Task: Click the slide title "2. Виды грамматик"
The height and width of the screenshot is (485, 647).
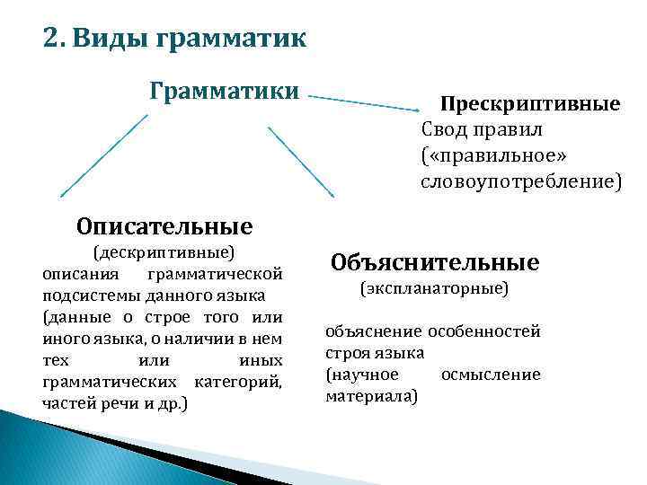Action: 174,40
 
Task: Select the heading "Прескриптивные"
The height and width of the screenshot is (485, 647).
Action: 529,104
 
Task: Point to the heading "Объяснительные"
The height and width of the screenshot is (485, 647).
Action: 435,262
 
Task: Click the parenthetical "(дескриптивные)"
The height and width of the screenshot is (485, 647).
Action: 164,251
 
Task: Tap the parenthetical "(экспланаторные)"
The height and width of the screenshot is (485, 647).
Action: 434,289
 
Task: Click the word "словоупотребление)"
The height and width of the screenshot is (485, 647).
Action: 520,181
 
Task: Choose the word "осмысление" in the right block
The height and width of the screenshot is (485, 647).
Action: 491,374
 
